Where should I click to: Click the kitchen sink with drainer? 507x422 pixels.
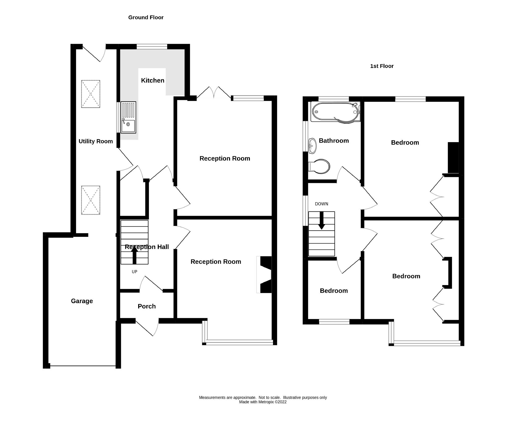click(128, 117)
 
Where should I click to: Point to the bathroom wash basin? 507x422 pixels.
click(312, 146)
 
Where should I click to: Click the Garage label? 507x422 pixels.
click(82, 301)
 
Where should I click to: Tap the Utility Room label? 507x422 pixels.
click(96, 141)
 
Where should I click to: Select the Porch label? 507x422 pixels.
click(147, 306)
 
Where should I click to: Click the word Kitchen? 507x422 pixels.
click(153, 80)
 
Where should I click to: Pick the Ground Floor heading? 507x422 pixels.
click(146, 17)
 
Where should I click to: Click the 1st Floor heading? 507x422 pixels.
click(382, 66)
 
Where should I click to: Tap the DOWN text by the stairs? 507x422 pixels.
click(321, 204)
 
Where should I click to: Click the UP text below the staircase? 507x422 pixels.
click(134, 272)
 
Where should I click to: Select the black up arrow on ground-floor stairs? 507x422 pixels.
click(134, 255)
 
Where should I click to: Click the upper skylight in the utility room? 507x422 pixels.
click(91, 94)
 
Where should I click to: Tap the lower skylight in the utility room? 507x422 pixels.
click(91, 200)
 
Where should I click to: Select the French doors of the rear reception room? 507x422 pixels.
click(214, 94)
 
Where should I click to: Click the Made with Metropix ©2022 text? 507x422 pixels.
click(263, 409)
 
